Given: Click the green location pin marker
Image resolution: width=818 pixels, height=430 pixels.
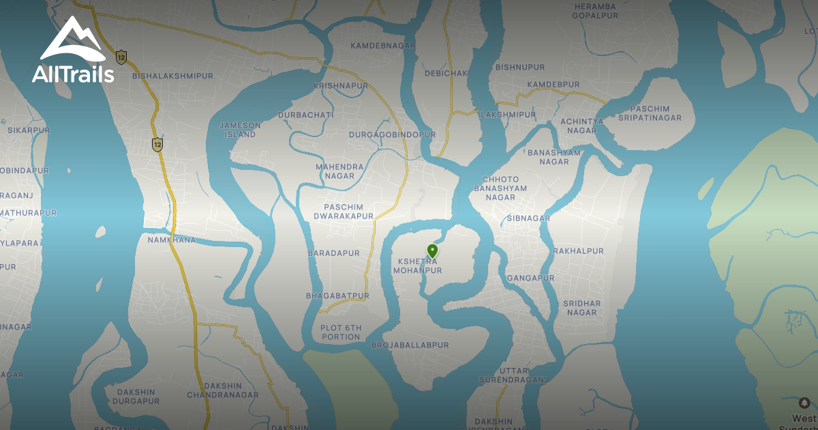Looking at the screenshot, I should click(432, 250).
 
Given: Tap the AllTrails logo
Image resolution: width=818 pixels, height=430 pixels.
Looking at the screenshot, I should click(72, 51).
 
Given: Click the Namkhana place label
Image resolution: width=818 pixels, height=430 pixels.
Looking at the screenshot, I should click(171, 240).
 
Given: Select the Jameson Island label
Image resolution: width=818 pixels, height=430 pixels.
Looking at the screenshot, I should click(239, 130).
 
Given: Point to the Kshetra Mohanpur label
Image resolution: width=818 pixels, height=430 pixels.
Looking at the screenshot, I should click(417, 266).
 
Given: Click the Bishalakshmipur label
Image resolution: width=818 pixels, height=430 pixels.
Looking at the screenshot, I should click(172, 76).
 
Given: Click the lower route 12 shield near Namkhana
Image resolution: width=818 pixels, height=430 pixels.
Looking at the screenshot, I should click(157, 144).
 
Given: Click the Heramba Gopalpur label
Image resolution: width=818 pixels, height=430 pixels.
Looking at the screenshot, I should click(594, 10).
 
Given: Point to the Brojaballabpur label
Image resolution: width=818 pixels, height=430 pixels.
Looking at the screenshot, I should click(410, 345).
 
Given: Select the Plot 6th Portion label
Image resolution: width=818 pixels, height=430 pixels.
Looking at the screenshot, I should click(341, 332).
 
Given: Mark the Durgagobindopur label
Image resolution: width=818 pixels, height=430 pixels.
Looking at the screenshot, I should click(392, 135).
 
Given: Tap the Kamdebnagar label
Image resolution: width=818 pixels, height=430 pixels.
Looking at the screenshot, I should click(382, 46).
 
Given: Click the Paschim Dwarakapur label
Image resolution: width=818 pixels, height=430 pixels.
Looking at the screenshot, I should click(344, 212).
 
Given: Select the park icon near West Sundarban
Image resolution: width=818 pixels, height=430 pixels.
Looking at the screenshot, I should click(804, 403).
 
